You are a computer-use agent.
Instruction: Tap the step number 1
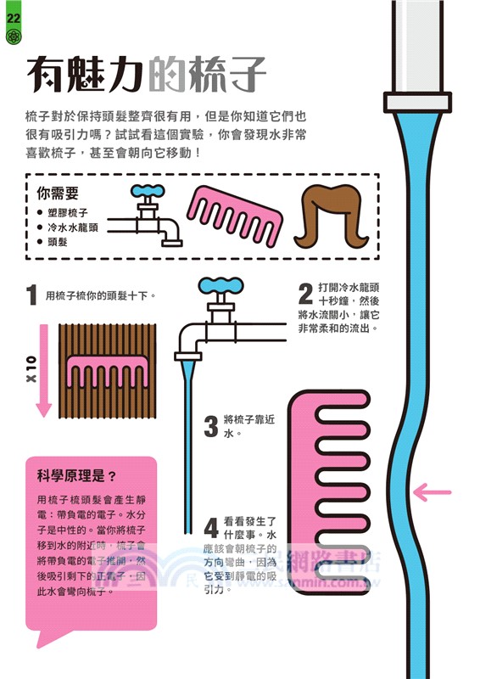click(31, 295)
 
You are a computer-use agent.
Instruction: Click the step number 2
click(305, 294)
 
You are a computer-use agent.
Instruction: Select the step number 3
click(211, 426)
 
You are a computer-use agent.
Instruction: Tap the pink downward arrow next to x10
click(44, 369)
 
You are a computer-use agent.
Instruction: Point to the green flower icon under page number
click(12, 37)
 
